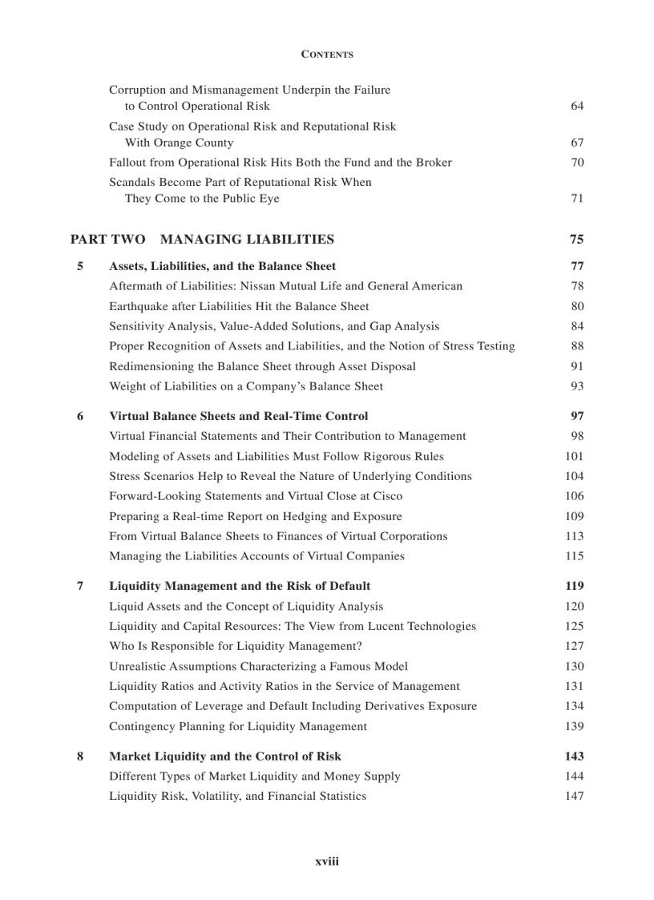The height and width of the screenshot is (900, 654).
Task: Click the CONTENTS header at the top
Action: pyautogui.click(x=327, y=54)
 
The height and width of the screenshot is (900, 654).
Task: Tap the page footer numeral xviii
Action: pyautogui.click(x=327, y=862)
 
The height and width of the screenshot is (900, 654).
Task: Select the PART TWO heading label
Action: pyautogui.click(x=108, y=239)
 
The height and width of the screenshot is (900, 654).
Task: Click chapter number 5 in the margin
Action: pyautogui.click(x=80, y=266)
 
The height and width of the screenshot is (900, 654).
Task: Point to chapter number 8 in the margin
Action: pyautogui.click(x=80, y=756)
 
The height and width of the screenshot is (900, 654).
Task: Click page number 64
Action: pyautogui.click(x=577, y=106)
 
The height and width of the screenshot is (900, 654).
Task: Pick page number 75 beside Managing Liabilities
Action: pyautogui.click(x=576, y=239)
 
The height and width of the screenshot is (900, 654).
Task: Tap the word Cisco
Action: pyautogui.click(x=387, y=496)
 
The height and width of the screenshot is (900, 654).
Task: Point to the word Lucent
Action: pyautogui.click(x=386, y=626)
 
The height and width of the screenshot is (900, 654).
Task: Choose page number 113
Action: pyautogui.click(x=574, y=536)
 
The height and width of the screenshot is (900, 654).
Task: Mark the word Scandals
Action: pyautogui.click(x=133, y=182)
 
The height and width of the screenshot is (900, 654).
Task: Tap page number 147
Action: pyautogui.click(x=574, y=796)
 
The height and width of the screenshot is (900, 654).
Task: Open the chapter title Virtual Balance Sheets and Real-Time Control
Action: pyautogui.click(x=239, y=416)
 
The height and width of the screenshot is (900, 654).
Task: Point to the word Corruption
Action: pyautogui.click(x=137, y=90)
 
